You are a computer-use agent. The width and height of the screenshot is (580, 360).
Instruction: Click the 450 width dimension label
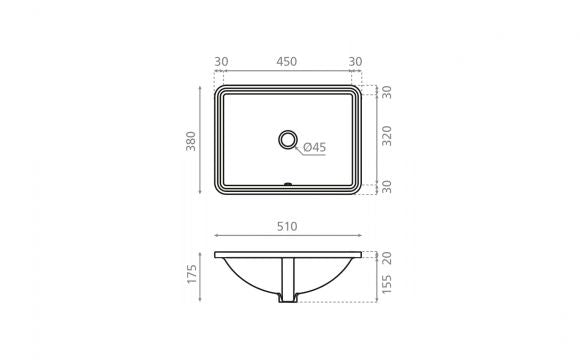287,61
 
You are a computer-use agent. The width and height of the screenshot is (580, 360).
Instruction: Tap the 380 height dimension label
191,141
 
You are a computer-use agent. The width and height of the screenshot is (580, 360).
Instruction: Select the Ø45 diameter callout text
315,147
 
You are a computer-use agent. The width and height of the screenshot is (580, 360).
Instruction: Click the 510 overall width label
287,226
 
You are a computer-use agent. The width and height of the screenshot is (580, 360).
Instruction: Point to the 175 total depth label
192,274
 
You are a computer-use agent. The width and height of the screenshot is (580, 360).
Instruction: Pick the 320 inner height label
387,136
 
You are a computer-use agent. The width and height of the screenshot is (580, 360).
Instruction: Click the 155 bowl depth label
387,284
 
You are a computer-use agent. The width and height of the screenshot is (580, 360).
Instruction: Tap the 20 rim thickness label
387,258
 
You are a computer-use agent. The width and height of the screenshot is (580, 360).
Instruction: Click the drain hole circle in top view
288,139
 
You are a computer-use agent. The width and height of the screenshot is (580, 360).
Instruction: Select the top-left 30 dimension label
221,61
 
